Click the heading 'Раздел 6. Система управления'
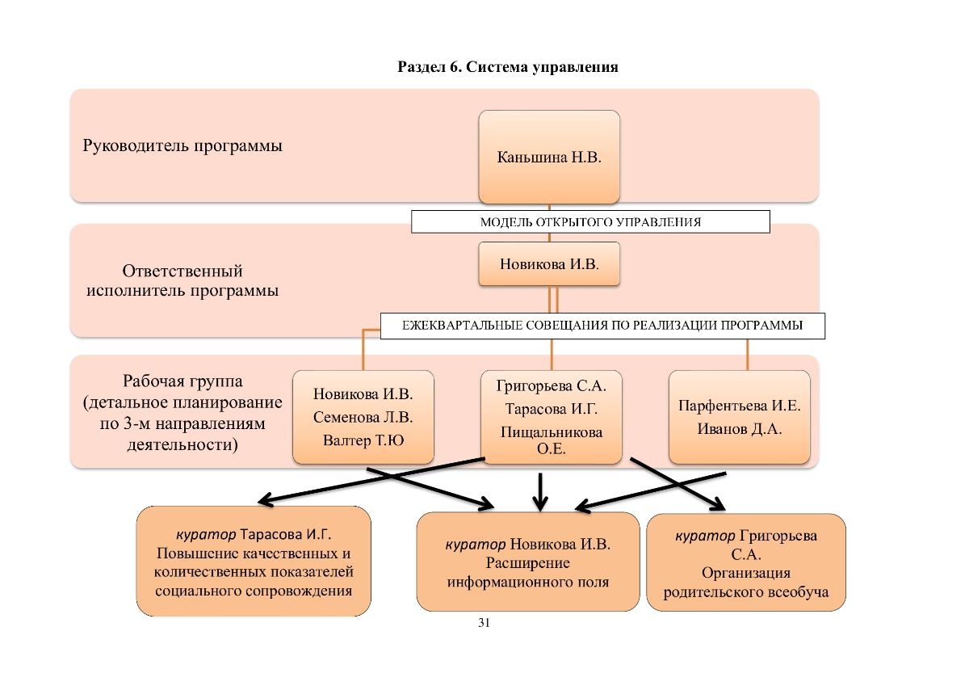[508, 67]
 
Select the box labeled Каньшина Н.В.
[549, 157]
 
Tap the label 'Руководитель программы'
[182, 146]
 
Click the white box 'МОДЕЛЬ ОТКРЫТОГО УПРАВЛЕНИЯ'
[590, 221]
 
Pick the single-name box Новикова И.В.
[549, 263]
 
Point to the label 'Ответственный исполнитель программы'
[182, 280]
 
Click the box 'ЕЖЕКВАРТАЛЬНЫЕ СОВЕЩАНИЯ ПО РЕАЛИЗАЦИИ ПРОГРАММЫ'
[602, 326]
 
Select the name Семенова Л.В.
[363, 417]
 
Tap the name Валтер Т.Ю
[363, 440]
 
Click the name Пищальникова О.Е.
[551, 440]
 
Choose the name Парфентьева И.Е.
[740, 406]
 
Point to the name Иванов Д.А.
[740, 429]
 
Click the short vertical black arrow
[540, 492]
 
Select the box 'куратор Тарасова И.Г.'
[254, 561]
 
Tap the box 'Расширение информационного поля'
[528, 562]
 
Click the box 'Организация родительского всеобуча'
[746, 562]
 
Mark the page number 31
[484, 623]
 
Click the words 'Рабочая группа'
[182, 381]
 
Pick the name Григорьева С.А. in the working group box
[551, 385]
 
